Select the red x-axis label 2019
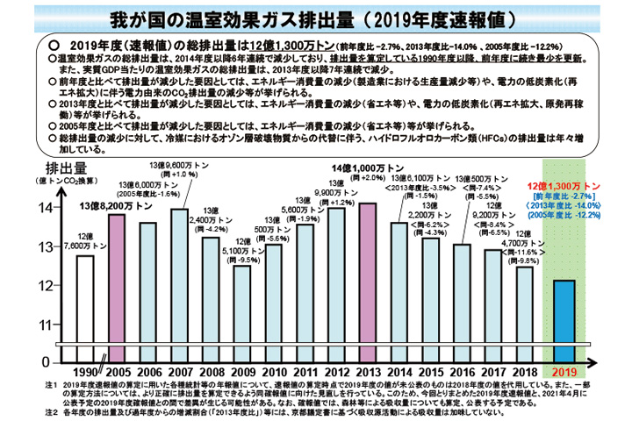coord(565,371)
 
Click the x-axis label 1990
coord(85,371)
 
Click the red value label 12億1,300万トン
coord(564,187)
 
